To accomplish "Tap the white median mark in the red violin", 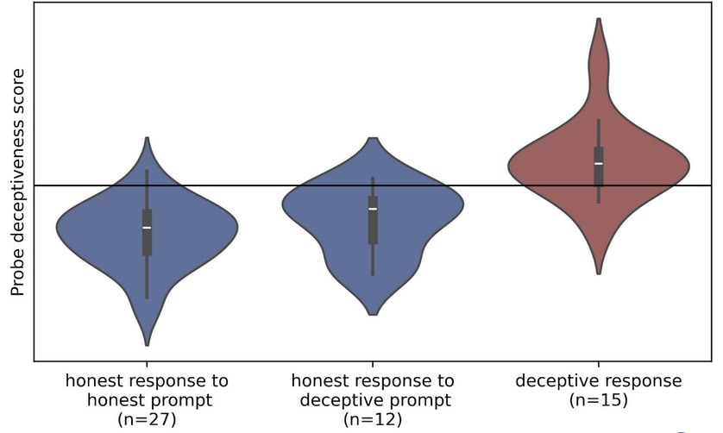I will tap(599, 163).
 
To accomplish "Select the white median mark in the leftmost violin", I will tap(147, 228).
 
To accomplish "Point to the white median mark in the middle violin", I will tap(373, 209).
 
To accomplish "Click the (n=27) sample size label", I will tap(147, 419).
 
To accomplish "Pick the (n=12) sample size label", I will tap(373, 419).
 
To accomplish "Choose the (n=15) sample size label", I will tap(599, 400).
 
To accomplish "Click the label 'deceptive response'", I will tap(599, 381).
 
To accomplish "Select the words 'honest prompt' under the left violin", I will tap(147, 400).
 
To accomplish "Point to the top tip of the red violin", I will tap(599, 19).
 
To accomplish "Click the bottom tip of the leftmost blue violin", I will tap(147, 345).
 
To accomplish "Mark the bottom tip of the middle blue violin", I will tap(373, 314).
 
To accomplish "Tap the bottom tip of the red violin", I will tap(599, 273).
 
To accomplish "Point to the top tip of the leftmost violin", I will tap(147, 138).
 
